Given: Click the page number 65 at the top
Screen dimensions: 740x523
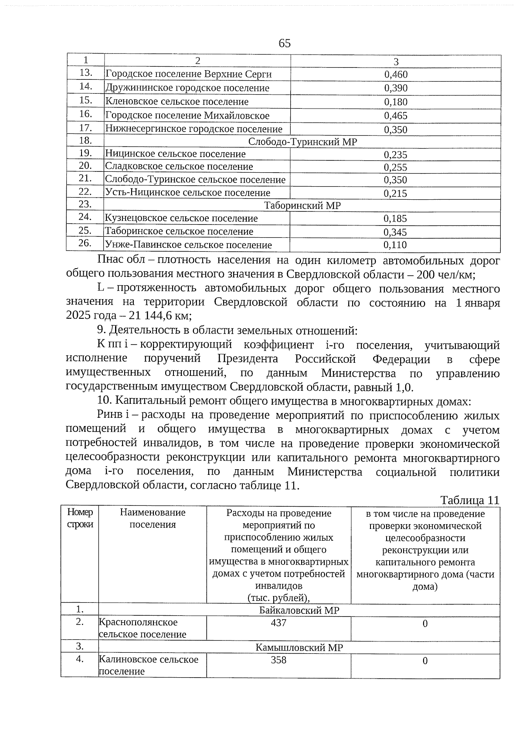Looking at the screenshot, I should (x=284, y=44).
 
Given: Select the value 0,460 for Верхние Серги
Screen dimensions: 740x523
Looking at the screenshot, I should (x=396, y=75).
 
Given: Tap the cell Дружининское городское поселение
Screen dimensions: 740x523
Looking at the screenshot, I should (x=187, y=88).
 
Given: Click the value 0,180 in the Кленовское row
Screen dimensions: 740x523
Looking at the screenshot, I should (x=396, y=102).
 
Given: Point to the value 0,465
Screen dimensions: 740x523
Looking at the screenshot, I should (x=396, y=116).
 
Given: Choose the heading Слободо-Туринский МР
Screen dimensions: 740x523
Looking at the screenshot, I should (x=302, y=142).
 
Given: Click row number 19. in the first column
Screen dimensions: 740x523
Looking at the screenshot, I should (x=85, y=153).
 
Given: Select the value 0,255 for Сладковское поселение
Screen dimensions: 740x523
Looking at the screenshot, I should (x=395, y=167).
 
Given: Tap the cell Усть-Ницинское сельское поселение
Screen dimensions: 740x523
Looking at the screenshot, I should (x=187, y=193).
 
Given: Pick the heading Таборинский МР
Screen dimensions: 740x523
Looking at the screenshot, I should (x=302, y=206).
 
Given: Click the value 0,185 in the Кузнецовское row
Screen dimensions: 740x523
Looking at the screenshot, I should (x=395, y=218).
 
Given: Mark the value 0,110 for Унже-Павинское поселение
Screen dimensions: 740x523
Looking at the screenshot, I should (x=395, y=245).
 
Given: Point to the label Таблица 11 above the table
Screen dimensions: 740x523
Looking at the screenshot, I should (x=469, y=500).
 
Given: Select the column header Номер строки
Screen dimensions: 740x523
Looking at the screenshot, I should (x=80, y=518).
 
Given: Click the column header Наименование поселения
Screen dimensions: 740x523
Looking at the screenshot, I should (x=153, y=518).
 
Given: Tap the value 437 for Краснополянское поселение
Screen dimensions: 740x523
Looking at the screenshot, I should (x=278, y=623).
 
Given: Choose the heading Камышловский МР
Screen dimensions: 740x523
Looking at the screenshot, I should (x=299, y=648).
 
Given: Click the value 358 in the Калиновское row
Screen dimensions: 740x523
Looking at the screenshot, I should (x=278, y=660).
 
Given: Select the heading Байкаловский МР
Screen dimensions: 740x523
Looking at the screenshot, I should (x=299, y=610).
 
